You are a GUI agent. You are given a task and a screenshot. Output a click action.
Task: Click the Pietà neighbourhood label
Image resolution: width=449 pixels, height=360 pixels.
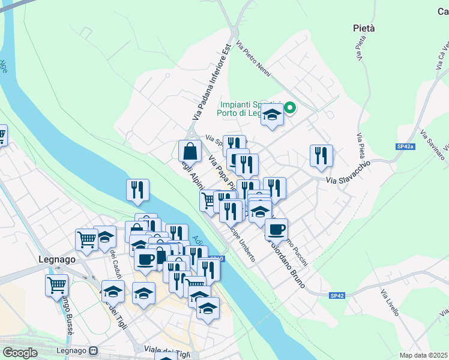[x=363, y=28]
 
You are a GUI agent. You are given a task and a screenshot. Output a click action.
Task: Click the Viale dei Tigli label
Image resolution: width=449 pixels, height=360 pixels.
[x=168, y=352]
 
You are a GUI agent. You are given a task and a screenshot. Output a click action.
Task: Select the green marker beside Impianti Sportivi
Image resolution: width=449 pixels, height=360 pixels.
[x=290, y=109]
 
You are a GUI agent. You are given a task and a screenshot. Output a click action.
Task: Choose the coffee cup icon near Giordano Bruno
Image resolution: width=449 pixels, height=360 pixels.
[x=276, y=229]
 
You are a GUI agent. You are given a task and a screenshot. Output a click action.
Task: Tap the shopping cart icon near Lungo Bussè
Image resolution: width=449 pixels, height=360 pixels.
[x=56, y=285]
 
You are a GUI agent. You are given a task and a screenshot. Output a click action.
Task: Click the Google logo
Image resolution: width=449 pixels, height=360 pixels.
[x=20, y=353]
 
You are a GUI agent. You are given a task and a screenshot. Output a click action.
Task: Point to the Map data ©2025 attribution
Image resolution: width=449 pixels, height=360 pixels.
[x=423, y=355]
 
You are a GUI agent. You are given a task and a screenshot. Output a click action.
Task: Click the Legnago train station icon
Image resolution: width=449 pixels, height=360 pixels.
[x=93, y=350]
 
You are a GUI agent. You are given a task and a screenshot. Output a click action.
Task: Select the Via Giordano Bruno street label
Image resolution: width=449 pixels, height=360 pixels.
[x=287, y=264]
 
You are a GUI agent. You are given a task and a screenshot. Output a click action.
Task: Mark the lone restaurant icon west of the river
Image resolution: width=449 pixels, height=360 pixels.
[x=137, y=190]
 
